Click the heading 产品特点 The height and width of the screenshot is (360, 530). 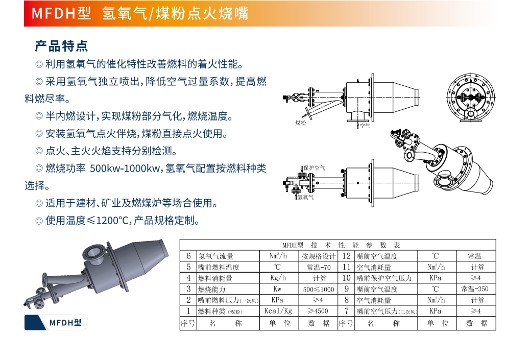(x=61, y=46)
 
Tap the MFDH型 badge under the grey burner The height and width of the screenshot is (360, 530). (x=56, y=323)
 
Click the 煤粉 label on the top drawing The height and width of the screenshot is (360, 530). (x=300, y=123)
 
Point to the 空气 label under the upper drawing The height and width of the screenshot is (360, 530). (x=365, y=126)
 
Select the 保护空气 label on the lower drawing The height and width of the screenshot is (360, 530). (x=315, y=167)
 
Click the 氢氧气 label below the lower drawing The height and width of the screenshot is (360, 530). (x=305, y=197)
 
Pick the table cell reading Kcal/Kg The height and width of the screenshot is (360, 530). (x=278, y=311)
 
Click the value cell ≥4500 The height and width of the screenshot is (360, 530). (x=318, y=311)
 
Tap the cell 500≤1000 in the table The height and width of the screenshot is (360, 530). (x=319, y=290)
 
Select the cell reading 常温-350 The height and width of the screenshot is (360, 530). (x=475, y=289)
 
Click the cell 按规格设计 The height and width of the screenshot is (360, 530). (x=319, y=256)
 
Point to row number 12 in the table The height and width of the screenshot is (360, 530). (x=347, y=256)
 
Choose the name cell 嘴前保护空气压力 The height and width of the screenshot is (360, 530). (x=384, y=278)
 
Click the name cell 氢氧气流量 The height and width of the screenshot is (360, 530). (x=215, y=256)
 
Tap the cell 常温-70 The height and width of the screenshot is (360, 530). (x=319, y=268)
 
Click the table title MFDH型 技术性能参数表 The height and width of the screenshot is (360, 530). (x=342, y=245)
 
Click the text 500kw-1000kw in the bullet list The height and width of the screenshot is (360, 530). (x=125, y=169)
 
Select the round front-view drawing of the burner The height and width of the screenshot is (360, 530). (x=470, y=98)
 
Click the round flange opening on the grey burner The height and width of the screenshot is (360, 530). (x=91, y=252)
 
